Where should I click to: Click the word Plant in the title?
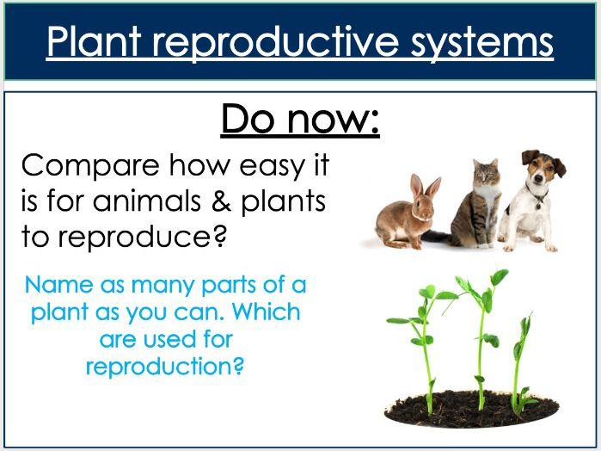coord(95,41)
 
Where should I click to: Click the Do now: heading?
coord(300,120)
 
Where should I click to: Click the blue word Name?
coord(58,285)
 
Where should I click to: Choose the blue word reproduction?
coord(165,366)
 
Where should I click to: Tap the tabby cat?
coord(477,202)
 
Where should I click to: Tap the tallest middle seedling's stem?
coord(481,344)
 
